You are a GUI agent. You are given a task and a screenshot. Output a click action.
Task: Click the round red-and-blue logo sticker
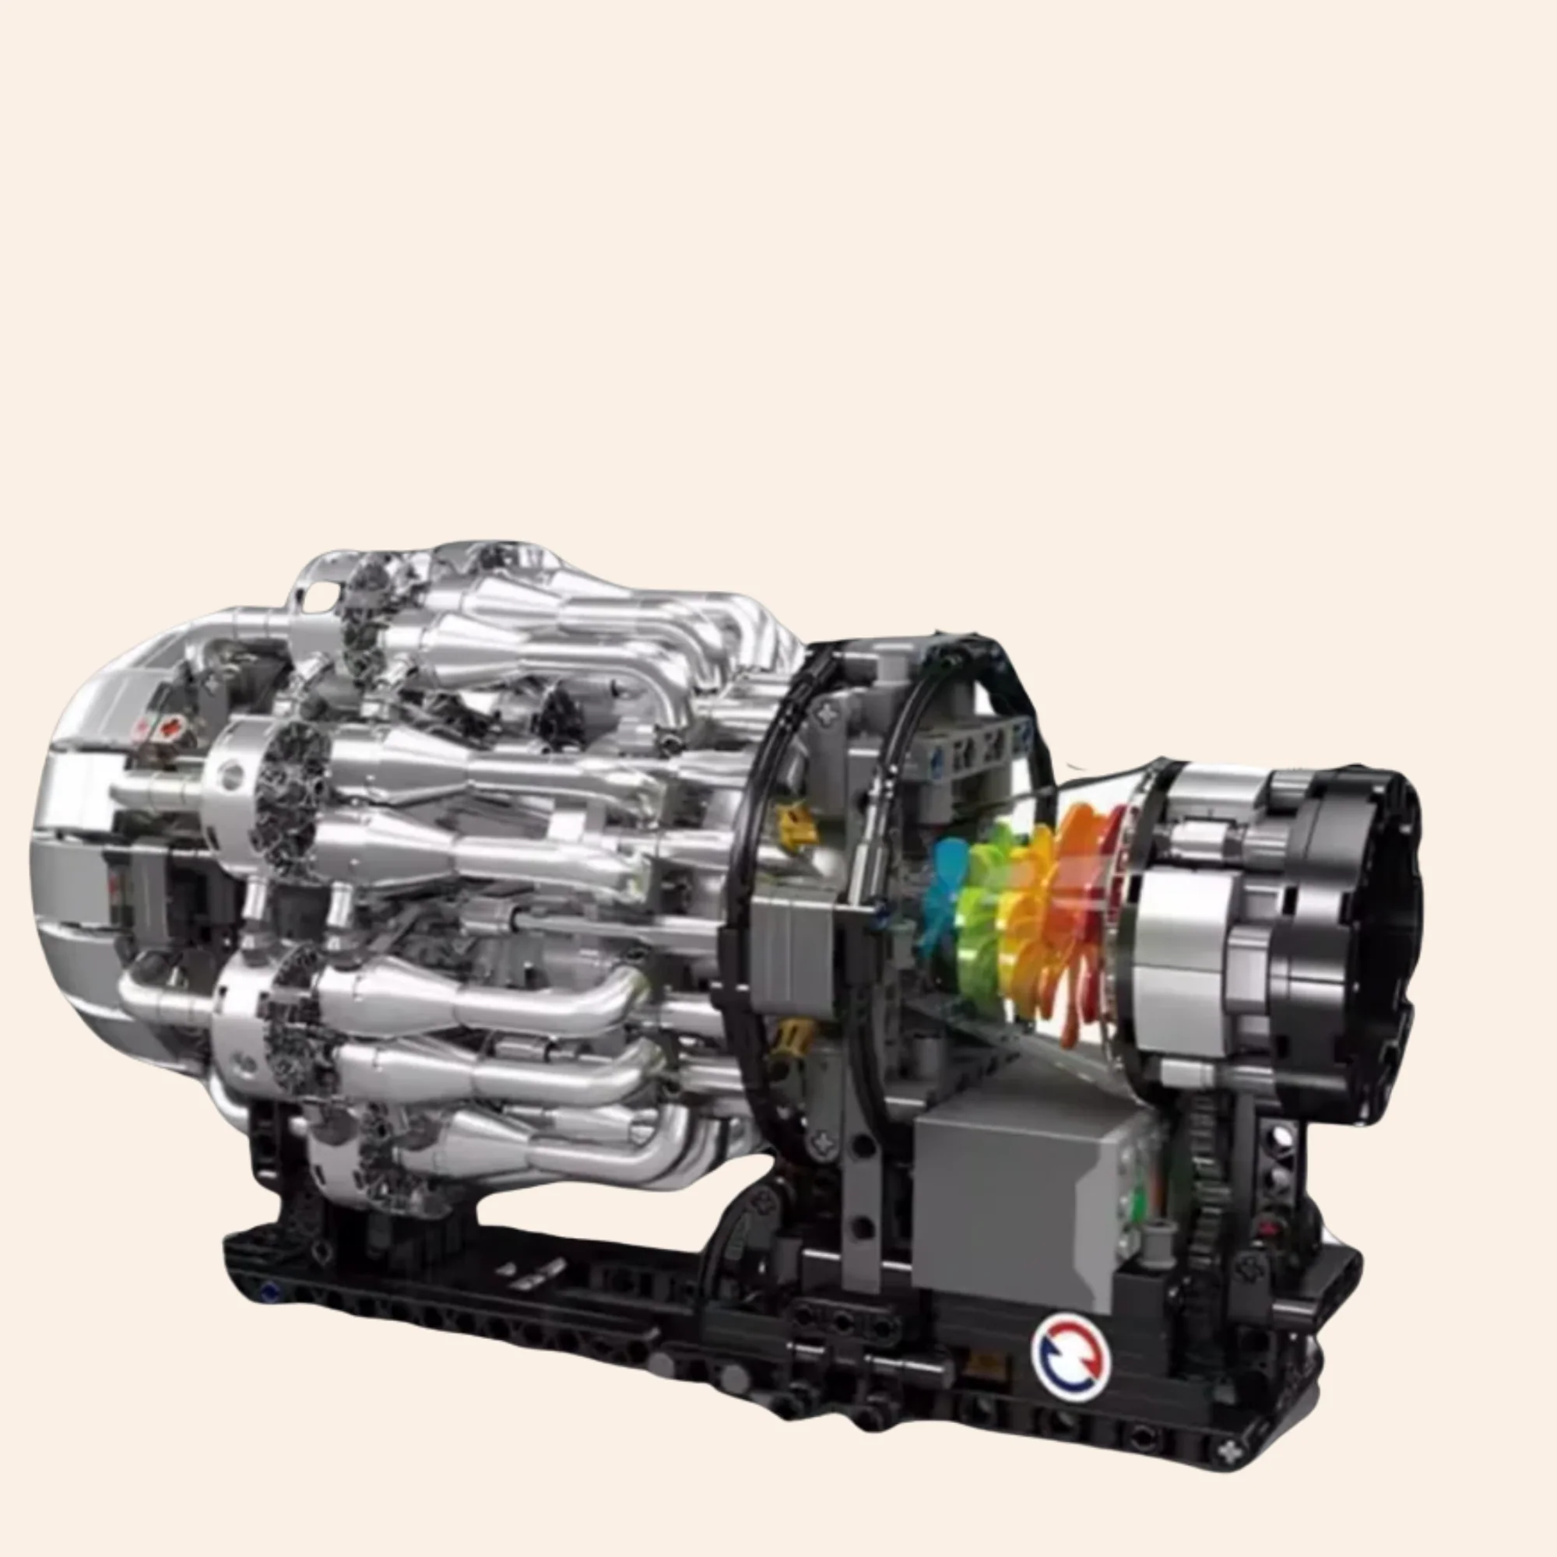[x=1070, y=1357]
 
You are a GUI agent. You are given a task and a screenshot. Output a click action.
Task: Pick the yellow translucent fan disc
[x=1025, y=911]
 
